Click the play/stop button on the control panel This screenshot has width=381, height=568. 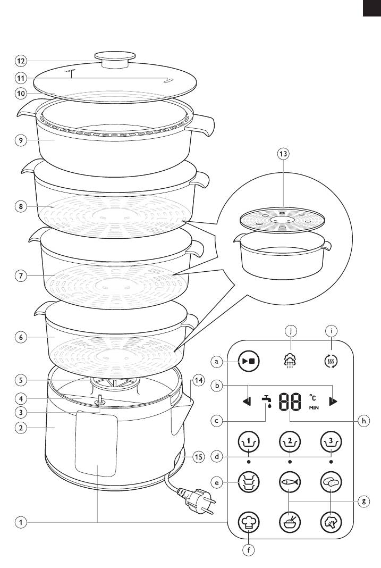[x=249, y=361]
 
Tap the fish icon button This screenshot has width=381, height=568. [x=290, y=482]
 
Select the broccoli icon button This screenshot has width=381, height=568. [x=331, y=522]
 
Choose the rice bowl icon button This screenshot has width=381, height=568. [x=290, y=522]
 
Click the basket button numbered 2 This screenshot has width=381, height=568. [x=290, y=441]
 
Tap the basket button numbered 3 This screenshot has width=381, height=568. [x=331, y=441]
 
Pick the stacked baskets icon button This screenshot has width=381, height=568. [x=249, y=482]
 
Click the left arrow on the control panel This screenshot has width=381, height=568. [x=247, y=402]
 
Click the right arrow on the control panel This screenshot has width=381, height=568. [x=333, y=402]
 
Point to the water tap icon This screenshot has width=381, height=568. [x=267, y=401]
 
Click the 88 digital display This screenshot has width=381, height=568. [x=290, y=402]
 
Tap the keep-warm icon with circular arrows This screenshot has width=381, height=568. [x=331, y=361]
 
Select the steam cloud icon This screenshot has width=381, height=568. [x=290, y=361]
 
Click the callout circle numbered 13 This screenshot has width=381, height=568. [x=283, y=154]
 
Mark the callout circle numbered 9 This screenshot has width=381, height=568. [x=21, y=140]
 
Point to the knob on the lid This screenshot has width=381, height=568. [x=115, y=60]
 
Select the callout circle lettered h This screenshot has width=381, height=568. [x=363, y=421]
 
